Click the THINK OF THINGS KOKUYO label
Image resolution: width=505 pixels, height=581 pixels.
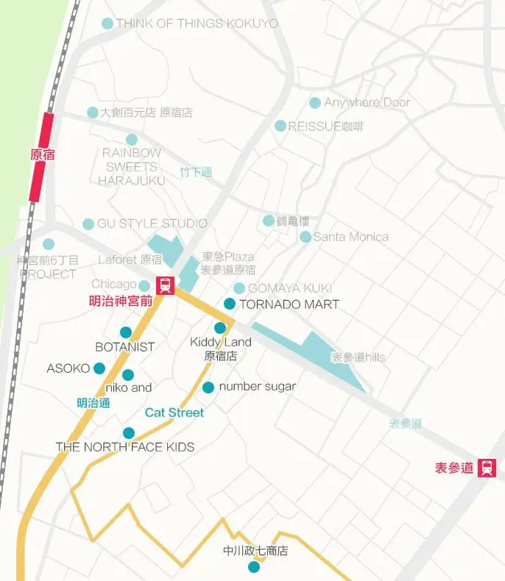(x=197, y=24)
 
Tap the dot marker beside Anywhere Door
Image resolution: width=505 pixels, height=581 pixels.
(x=315, y=103)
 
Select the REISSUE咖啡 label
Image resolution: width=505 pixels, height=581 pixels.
(x=326, y=126)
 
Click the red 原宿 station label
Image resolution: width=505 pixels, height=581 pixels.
(x=42, y=155)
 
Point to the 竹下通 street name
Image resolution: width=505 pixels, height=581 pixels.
(x=196, y=172)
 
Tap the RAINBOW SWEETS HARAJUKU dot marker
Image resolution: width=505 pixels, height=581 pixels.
(x=132, y=140)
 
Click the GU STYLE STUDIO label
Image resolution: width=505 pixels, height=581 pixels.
(x=152, y=224)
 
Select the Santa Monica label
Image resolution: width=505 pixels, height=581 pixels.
(x=350, y=237)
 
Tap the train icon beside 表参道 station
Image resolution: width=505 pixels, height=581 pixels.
(x=487, y=467)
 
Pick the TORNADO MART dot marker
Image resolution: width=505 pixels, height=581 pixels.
(x=230, y=304)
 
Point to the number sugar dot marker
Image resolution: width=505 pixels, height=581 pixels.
(x=208, y=387)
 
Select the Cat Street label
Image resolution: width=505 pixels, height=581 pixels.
(x=174, y=413)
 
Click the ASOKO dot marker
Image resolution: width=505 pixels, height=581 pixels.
(x=99, y=368)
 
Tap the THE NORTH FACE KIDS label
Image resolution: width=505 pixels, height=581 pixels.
(x=125, y=447)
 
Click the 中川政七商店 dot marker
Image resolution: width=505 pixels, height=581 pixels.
(x=254, y=566)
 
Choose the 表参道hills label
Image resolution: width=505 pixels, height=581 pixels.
(x=358, y=357)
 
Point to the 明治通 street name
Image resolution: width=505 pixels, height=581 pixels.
(x=93, y=403)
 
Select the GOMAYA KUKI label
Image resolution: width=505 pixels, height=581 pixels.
(x=289, y=288)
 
